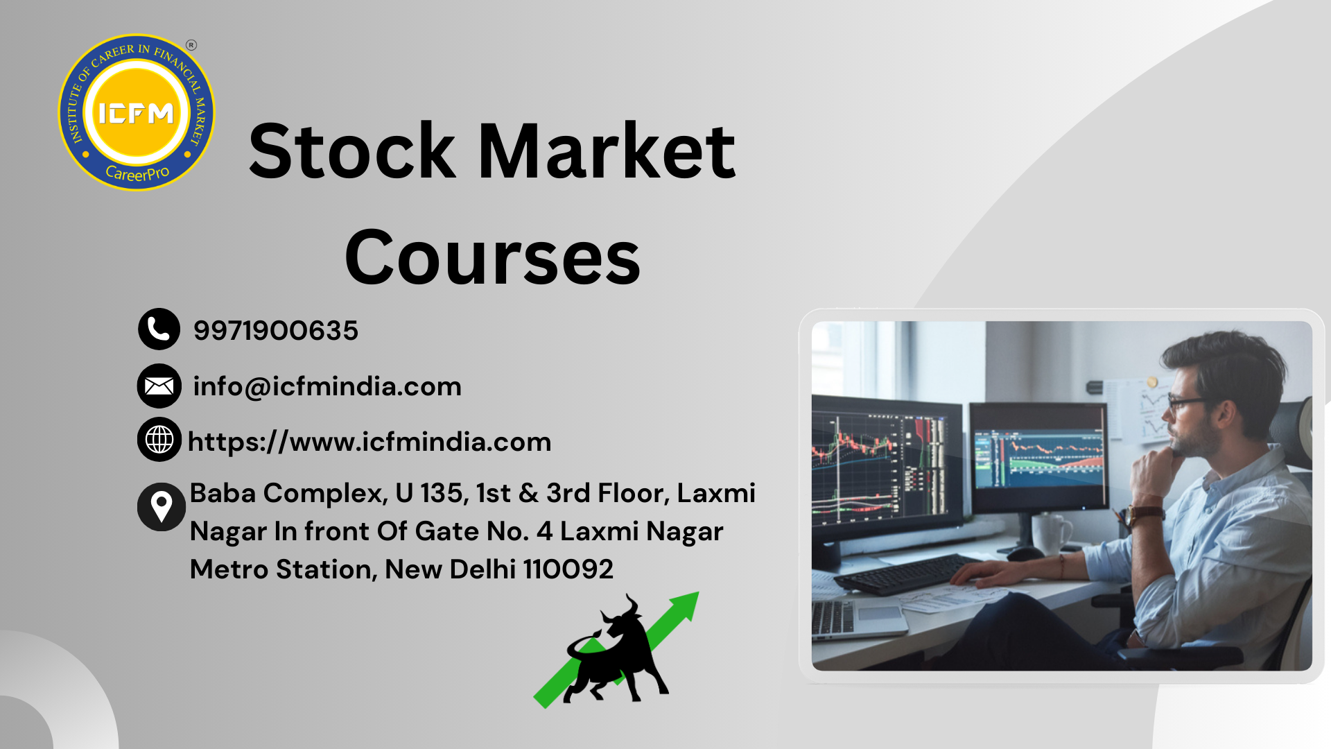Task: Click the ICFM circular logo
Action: pyautogui.click(x=137, y=112)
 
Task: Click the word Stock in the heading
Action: pyautogui.click(x=352, y=151)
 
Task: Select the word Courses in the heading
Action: pyautogui.click(x=492, y=258)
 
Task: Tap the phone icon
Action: pyautogui.click(x=159, y=329)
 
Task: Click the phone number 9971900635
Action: pyautogui.click(x=276, y=330)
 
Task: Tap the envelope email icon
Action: pyautogui.click(x=159, y=386)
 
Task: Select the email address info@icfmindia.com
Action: pyautogui.click(x=327, y=386)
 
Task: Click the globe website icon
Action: pyautogui.click(x=159, y=440)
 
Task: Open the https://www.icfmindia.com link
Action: pyautogui.click(x=369, y=442)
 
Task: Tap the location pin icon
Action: pyautogui.click(x=161, y=507)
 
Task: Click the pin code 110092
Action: pyautogui.click(x=568, y=569)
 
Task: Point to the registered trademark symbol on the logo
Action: pyautogui.click(x=191, y=45)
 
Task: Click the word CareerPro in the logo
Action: pyautogui.click(x=137, y=173)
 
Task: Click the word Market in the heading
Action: pyautogui.click(x=607, y=151)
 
